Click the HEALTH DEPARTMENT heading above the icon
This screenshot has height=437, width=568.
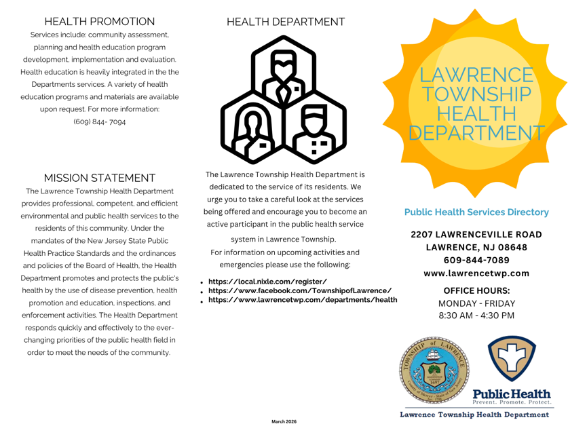[x=285, y=22]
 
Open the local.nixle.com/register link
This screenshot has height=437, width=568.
[x=267, y=282]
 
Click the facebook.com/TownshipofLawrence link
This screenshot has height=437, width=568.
[x=299, y=290]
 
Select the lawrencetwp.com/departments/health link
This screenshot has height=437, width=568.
[x=302, y=299]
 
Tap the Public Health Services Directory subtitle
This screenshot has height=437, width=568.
[x=476, y=212]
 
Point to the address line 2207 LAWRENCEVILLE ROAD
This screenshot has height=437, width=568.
[x=476, y=234]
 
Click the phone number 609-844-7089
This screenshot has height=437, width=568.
[x=476, y=260]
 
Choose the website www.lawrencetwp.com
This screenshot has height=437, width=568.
[x=476, y=273]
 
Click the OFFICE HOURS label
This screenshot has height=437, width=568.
[x=476, y=290]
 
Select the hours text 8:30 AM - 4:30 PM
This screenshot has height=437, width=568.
[x=476, y=316]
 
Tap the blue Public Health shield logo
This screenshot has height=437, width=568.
[x=512, y=360]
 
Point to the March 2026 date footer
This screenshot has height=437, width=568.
[x=284, y=421]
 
